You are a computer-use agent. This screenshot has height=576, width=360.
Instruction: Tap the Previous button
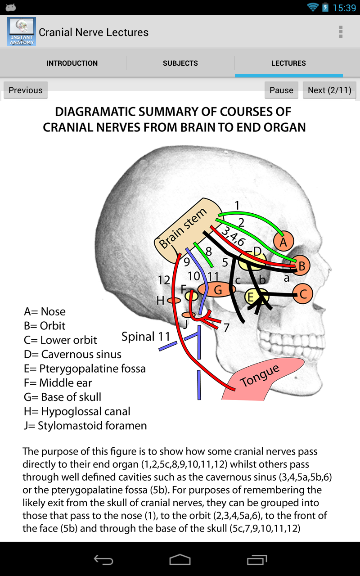[x=26, y=90]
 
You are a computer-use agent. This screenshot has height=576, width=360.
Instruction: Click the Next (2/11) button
[x=329, y=90]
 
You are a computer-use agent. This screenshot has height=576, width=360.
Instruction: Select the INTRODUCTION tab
[x=72, y=63]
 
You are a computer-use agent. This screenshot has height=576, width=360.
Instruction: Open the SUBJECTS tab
[x=180, y=63]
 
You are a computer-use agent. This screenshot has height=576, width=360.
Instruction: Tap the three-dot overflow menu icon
[x=341, y=32]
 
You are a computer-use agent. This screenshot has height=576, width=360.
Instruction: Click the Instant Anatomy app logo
[x=21, y=32]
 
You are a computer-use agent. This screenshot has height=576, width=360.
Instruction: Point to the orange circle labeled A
[x=283, y=242]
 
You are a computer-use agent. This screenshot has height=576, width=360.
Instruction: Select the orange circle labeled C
[x=303, y=294]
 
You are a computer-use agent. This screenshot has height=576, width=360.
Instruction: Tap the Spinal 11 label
[x=146, y=337]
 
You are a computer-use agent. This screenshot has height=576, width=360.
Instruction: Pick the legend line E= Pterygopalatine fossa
[x=85, y=369]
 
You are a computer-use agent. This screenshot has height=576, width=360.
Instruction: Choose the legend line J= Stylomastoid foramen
[x=85, y=426]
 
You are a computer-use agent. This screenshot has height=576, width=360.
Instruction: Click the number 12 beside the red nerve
[x=164, y=280]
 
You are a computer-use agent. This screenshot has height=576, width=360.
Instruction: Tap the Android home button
[x=180, y=559]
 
